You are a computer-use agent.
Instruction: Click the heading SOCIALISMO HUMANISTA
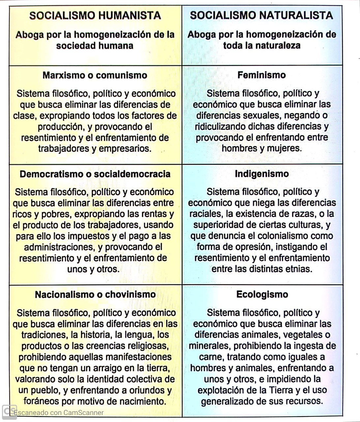coord(95,15)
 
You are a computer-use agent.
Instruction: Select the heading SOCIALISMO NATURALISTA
coord(261,15)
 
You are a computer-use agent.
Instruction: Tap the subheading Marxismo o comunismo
coord(95,75)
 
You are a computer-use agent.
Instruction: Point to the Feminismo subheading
coord(262,75)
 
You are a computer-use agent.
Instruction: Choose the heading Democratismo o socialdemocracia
coord(95,174)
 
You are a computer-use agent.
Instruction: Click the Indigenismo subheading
coord(262,174)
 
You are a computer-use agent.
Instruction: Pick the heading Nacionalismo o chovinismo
coord(95,294)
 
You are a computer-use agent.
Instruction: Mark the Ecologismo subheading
coord(262,294)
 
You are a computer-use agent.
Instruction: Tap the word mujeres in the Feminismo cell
coord(284,148)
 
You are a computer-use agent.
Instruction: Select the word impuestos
coord(93,236)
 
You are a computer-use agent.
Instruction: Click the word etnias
coord(298,269)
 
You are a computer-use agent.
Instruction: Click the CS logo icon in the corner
coord(9,412)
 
